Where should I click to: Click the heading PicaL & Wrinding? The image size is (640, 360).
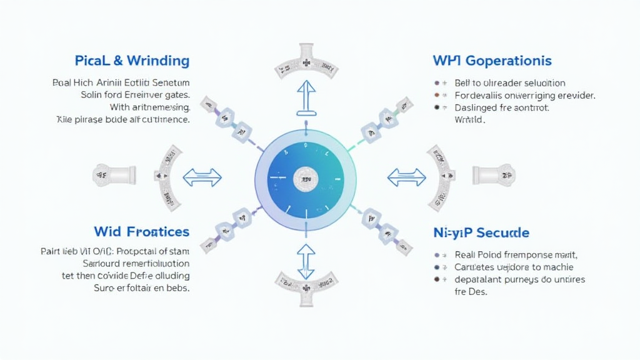(x=132, y=61)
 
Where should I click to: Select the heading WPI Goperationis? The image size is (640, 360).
(x=492, y=61)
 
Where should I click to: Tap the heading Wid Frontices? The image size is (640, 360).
(x=141, y=231)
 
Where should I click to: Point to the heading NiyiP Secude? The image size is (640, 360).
(x=481, y=232)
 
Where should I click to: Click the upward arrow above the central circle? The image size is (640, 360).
(x=306, y=97)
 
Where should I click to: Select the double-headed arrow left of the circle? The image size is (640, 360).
(x=202, y=177)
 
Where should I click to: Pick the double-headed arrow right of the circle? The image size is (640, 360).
(x=406, y=177)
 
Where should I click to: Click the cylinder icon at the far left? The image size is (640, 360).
(x=114, y=176)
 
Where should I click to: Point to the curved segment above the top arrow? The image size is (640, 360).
(x=306, y=62)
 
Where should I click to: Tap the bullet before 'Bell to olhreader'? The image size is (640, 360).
(x=436, y=83)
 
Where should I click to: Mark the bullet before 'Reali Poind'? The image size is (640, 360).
(x=436, y=255)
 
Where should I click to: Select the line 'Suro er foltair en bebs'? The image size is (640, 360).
(x=141, y=288)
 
